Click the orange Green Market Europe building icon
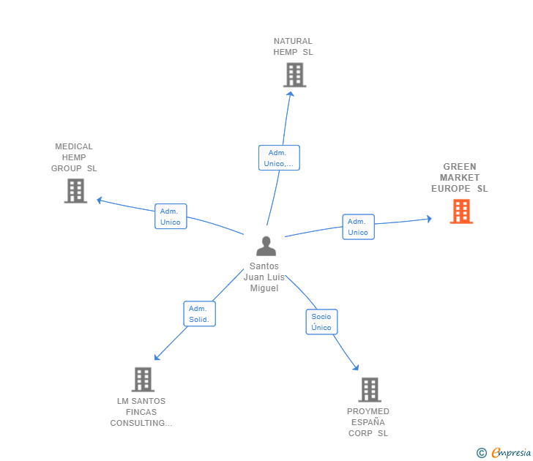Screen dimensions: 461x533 coord(461,211)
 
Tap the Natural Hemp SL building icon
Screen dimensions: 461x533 coord(294,75)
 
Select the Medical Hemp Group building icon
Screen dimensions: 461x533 coord(75,191)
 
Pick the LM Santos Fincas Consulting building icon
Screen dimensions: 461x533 coord(143,379)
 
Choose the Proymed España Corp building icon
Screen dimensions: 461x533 coord(370,389)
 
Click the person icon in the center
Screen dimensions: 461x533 coord(266,247)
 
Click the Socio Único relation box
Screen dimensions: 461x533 coord(321,322)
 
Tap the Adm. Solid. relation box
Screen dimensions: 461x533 coord(199,314)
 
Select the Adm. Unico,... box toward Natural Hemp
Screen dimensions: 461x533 coord(279,158)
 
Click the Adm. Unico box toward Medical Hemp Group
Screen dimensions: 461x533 coord(171,217)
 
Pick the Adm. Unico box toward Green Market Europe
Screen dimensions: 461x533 coord(358,227)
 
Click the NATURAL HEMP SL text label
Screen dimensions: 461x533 coord(293,47)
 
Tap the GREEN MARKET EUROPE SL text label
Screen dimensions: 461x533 coord(459,178)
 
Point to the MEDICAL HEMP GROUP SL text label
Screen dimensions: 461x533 coord(74,157)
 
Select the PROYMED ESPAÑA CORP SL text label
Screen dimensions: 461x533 coord(368,422)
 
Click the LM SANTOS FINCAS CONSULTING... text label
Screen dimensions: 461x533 coord(141,412)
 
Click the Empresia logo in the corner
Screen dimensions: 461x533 coord(504,453)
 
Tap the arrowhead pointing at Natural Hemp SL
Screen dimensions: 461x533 coord(290,93)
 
